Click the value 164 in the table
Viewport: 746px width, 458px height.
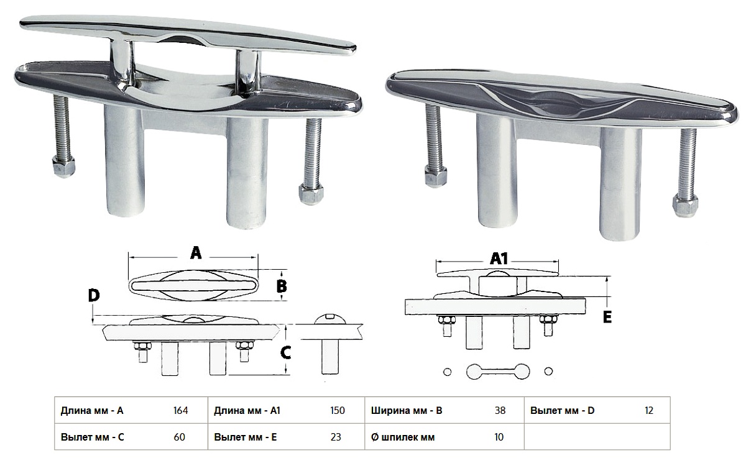tap(180, 410)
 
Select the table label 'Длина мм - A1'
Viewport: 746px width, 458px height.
tap(247, 411)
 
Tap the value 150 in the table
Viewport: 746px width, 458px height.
tap(338, 410)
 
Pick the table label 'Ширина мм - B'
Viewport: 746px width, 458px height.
tap(407, 411)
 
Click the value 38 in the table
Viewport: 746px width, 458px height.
tap(500, 410)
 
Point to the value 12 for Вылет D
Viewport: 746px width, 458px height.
tap(649, 410)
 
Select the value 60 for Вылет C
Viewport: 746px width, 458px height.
tap(179, 437)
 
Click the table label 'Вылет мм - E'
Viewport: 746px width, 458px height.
tap(245, 437)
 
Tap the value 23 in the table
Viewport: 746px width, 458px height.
tap(336, 437)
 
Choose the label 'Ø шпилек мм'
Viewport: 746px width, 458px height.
tap(403, 437)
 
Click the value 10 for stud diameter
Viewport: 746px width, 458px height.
tap(499, 437)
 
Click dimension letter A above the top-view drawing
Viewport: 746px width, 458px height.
tap(196, 253)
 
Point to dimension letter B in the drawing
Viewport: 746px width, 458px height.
tap(282, 286)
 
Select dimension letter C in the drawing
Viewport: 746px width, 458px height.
tap(286, 353)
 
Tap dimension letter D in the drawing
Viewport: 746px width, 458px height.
tap(94, 296)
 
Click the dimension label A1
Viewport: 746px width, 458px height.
tap(499, 259)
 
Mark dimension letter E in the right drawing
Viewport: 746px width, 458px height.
tap(607, 317)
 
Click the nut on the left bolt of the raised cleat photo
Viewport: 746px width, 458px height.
tap(63, 167)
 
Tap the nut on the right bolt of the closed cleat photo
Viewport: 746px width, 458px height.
tap(685, 205)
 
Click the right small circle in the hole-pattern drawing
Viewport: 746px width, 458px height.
tap(548, 371)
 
